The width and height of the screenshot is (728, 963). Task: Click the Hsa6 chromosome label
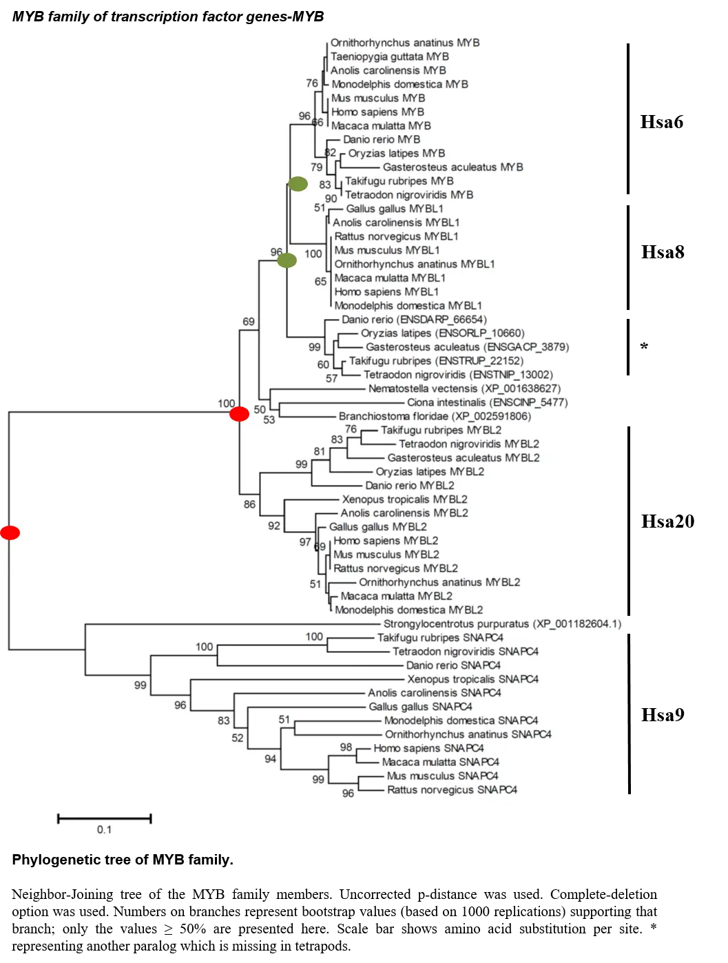(661, 121)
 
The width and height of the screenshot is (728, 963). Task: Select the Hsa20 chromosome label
(667, 521)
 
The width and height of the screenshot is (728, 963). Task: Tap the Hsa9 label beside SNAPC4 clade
(662, 715)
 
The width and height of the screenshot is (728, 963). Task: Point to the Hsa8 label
(662, 252)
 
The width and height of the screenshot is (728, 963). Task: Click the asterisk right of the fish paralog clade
(644, 346)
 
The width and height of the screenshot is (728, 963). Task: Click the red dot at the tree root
(10, 532)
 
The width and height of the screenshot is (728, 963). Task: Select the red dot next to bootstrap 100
(239, 414)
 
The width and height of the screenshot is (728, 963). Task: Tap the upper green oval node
(298, 184)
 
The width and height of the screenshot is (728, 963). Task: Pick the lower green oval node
(287, 260)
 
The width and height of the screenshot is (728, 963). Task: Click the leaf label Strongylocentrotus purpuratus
(502, 624)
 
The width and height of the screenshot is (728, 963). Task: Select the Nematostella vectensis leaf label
(464, 389)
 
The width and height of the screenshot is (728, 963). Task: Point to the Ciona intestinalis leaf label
(487, 402)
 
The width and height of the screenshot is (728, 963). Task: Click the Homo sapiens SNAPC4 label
(428, 748)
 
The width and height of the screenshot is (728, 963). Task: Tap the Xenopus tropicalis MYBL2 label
(404, 499)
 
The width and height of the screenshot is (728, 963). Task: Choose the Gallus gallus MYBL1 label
(394, 209)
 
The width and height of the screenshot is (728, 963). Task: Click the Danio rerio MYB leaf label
(382, 140)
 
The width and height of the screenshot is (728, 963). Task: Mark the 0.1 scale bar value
(104, 829)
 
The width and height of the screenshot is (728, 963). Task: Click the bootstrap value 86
(249, 504)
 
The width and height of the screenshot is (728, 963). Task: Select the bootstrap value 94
(270, 758)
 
